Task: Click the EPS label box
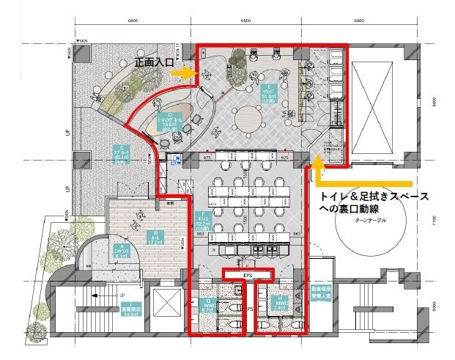pyautogui.click(x=248, y=274)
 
